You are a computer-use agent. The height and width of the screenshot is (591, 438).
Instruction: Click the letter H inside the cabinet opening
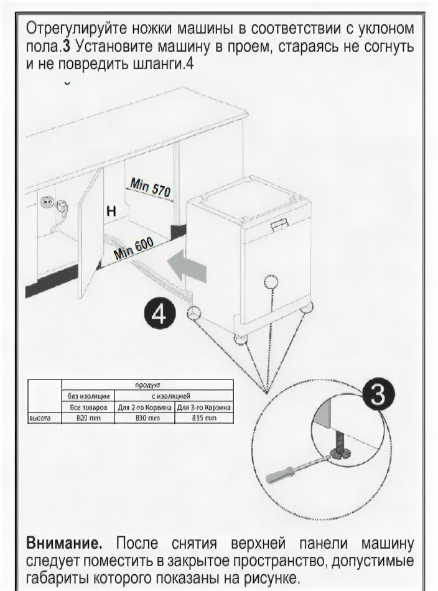coord(111,212)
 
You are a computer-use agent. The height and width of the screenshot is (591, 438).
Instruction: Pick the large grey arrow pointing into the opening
coord(187,266)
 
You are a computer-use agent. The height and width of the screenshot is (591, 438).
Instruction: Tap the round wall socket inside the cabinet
coord(45,202)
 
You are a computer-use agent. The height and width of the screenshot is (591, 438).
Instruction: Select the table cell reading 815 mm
coord(203,418)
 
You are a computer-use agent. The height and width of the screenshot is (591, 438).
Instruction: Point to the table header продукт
coord(147,385)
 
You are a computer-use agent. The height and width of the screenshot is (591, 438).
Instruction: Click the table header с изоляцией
coord(174,396)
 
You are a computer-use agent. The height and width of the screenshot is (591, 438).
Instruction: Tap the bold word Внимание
coord(65,542)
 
